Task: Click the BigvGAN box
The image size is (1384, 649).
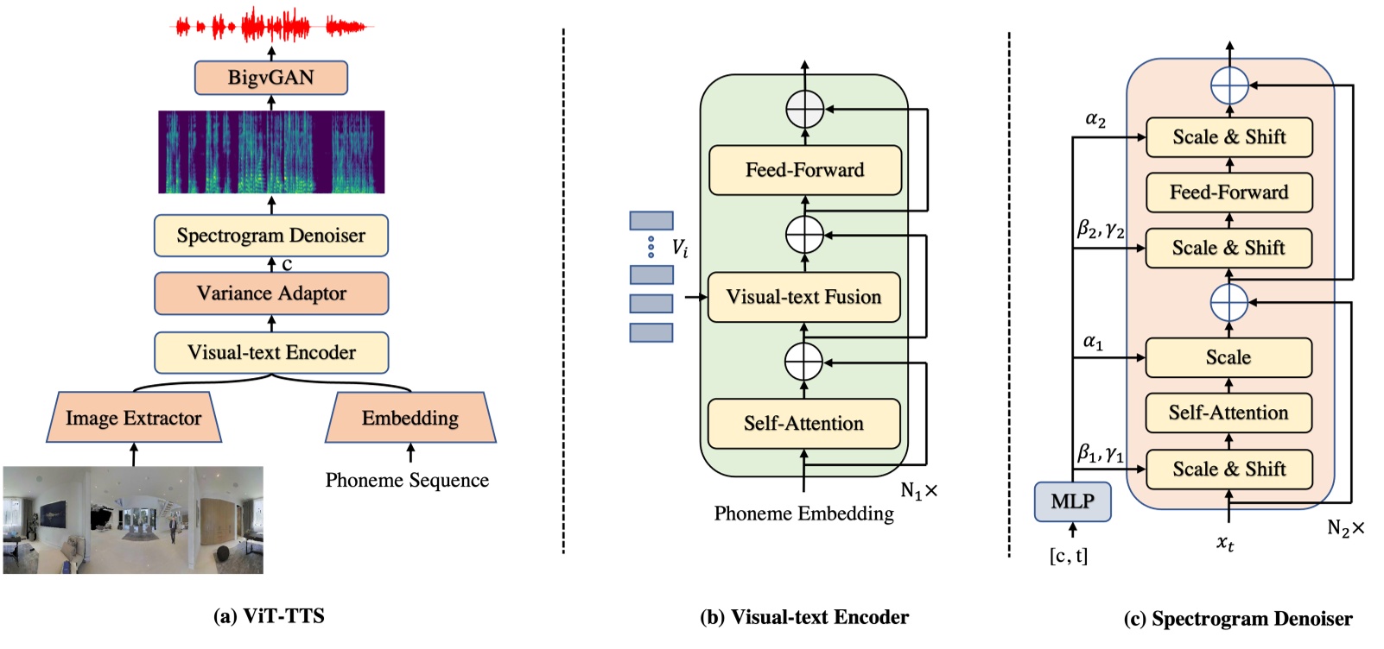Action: pyautogui.click(x=270, y=78)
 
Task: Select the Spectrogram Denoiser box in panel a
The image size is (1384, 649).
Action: pyautogui.click(x=270, y=236)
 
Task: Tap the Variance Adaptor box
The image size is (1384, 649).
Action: pyautogui.click(x=270, y=293)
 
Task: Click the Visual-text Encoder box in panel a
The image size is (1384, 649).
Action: pyautogui.click(x=270, y=352)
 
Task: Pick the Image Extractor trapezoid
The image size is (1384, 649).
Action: pyautogui.click(x=133, y=418)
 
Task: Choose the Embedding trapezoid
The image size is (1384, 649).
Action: pyautogui.click(x=410, y=418)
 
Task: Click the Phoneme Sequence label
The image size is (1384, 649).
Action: pyautogui.click(x=407, y=480)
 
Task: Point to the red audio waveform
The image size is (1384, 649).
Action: pyautogui.click(x=270, y=27)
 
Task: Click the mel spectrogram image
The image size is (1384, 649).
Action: pyautogui.click(x=270, y=152)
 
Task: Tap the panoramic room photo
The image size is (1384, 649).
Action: pyautogui.click(x=133, y=520)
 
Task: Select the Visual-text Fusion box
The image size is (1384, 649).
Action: pyautogui.click(x=803, y=297)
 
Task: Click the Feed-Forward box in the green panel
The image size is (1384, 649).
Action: pyautogui.click(x=804, y=170)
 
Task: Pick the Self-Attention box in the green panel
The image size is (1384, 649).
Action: pyautogui.click(x=803, y=423)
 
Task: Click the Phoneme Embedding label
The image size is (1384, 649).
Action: pyautogui.click(x=803, y=514)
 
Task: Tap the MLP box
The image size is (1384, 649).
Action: pyautogui.click(x=1072, y=501)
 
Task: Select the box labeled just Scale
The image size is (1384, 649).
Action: pyautogui.click(x=1228, y=357)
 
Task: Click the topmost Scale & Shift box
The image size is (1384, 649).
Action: pyautogui.click(x=1228, y=137)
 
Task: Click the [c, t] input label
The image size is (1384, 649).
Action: pyautogui.click(x=1069, y=556)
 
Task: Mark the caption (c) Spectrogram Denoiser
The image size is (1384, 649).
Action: pyautogui.click(x=1238, y=619)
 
